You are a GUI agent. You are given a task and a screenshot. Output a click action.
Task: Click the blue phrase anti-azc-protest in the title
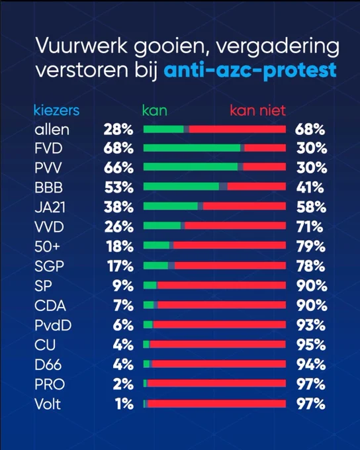click(249, 70)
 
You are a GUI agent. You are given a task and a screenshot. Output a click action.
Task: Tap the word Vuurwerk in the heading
click(81, 46)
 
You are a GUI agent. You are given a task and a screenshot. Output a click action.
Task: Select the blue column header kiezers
click(56, 111)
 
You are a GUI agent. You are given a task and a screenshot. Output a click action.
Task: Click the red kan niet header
click(258, 111)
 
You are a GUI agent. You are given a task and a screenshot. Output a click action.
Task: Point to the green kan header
click(155, 111)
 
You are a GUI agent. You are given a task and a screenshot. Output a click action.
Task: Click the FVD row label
click(48, 149)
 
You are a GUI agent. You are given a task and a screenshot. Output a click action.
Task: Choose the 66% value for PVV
click(118, 168)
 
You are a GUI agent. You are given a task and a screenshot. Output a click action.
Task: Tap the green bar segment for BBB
click(181, 187)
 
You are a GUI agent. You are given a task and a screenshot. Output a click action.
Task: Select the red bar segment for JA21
click(244, 206)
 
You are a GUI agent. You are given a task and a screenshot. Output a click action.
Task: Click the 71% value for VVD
click(310, 227)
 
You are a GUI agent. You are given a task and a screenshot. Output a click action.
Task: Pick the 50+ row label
click(48, 247)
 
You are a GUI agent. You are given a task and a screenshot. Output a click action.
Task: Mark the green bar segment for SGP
click(156, 266)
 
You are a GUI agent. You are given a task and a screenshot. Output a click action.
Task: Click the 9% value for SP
click(123, 286)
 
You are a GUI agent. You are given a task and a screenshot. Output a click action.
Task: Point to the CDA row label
click(50, 305)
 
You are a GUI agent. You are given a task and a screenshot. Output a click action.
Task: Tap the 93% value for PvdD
click(311, 325)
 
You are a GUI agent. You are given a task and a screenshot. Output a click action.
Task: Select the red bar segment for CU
click(218, 344)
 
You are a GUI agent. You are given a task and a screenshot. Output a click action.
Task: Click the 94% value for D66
click(311, 365)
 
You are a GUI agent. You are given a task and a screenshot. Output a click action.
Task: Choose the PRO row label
click(50, 384)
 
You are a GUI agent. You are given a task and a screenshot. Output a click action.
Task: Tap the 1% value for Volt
click(124, 404)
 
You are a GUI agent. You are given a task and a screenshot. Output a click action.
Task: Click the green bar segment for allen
click(163, 129)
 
